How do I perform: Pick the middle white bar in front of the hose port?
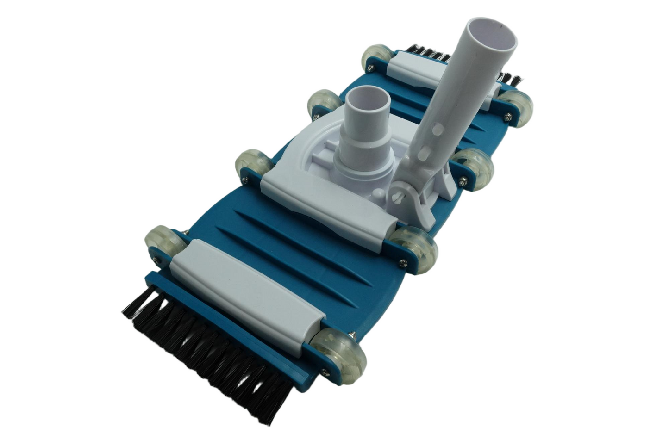pyautogui.click(x=324, y=204)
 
